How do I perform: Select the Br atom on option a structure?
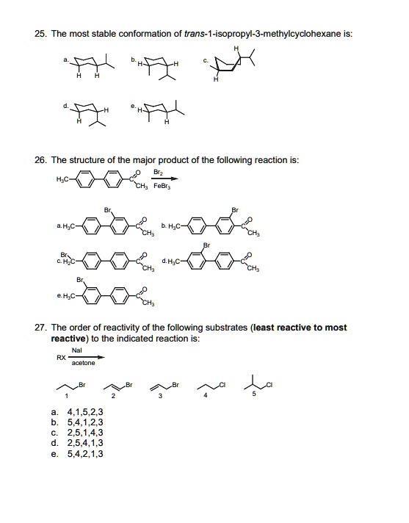pyautogui.click(x=109, y=209)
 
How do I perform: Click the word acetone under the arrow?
pyautogui.click(x=84, y=363)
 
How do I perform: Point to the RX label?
pyautogui.click(x=61, y=358)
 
